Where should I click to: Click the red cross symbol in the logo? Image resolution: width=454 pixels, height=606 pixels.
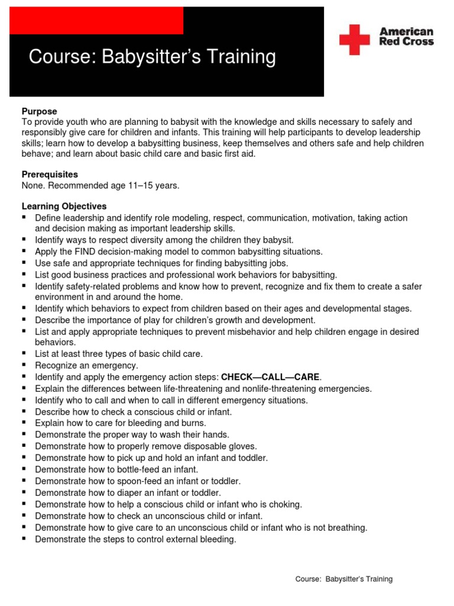pyautogui.click(x=354, y=40)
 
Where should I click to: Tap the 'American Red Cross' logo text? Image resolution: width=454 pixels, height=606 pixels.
pyautogui.click(x=406, y=37)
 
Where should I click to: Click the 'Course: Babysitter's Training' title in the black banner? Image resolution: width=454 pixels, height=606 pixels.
pyautogui.click(x=153, y=57)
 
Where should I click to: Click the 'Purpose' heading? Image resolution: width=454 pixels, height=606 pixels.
pyautogui.click(x=40, y=111)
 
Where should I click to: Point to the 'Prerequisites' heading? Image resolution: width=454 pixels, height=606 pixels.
pyautogui.click(x=50, y=175)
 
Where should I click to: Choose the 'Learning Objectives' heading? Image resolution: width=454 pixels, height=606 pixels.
pyautogui.click(x=64, y=207)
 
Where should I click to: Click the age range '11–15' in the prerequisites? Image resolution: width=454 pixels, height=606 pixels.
pyautogui.click(x=140, y=186)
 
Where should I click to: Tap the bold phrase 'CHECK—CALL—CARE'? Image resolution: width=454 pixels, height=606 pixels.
pyautogui.click(x=270, y=377)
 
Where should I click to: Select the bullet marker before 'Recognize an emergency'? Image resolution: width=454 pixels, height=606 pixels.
pyautogui.click(x=24, y=365)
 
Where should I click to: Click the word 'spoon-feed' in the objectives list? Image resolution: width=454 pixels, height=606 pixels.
pyautogui.click(x=145, y=481)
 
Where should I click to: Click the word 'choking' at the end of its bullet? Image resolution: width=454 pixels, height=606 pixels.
pyautogui.click(x=286, y=504)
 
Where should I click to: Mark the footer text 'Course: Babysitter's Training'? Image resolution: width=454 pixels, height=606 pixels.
pyautogui.click(x=343, y=579)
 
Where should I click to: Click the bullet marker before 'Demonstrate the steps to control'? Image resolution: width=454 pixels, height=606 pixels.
pyautogui.click(x=24, y=539)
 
